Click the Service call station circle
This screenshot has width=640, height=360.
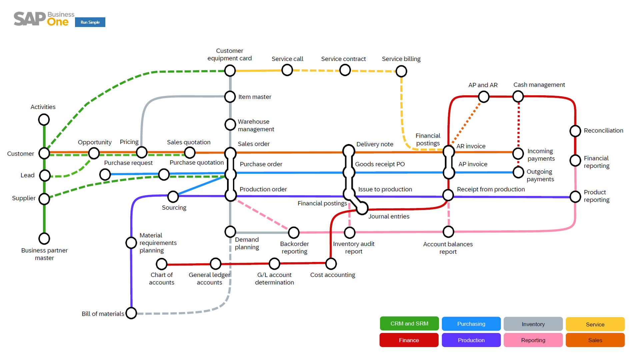pyautogui.click(x=287, y=70)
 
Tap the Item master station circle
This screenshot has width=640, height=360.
pyautogui.click(x=230, y=97)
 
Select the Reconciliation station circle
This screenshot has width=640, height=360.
pyautogui.click(x=575, y=131)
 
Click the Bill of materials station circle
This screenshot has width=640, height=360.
pyautogui.click(x=131, y=313)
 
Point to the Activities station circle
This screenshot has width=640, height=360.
pyautogui.click(x=44, y=119)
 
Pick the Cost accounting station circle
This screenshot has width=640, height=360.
pyautogui.click(x=331, y=264)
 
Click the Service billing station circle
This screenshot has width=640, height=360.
pyautogui.click(x=401, y=71)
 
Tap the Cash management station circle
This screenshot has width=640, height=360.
pyautogui.click(x=518, y=97)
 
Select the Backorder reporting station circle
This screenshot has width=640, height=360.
pyautogui.click(x=294, y=232)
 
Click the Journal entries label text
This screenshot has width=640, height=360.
pyautogui.click(x=389, y=216)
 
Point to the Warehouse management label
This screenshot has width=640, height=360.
pyautogui.click(x=256, y=125)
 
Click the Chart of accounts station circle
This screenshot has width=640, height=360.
pyautogui.click(x=162, y=264)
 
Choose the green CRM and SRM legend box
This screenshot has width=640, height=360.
pyautogui.click(x=409, y=324)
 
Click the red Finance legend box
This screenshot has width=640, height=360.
pyautogui.click(x=409, y=340)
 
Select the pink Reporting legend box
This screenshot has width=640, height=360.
pyautogui.click(x=533, y=340)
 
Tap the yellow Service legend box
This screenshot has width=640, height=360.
pyautogui.click(x=595, y=324)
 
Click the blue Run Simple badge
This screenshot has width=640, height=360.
pyautogui.click(x=90, y=22)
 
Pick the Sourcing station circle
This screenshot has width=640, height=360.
pyautogui.click(x=173, y=197)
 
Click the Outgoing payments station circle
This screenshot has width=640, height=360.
pyautogui.click(x=518, y=172)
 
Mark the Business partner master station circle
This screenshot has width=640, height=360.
pyautogui.click(x=44, y=238)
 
